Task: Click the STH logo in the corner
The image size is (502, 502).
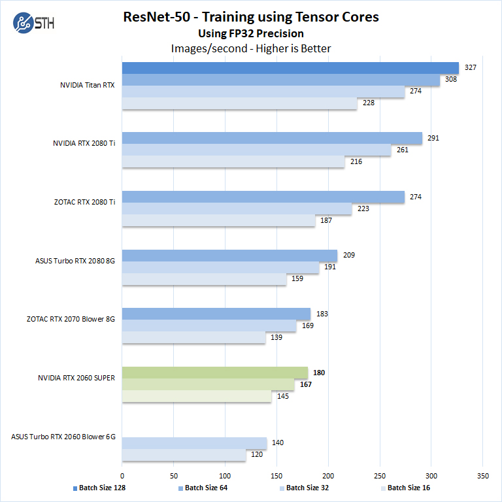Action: click(33, 23)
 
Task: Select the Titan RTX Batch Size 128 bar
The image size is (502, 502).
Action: click(290, 68)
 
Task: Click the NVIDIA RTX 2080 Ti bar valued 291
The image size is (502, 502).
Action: click(272, 138)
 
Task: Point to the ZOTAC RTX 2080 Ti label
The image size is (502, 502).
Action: click(84, 203)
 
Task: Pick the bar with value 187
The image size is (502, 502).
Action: click(219, 220)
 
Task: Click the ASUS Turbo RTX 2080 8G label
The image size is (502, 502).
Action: click(75, 261)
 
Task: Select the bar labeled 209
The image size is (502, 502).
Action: click(229, 255)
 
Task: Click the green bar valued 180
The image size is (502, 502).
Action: click(215, 373)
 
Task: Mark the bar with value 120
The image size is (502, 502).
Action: click(184, 455)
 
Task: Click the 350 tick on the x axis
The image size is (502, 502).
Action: click(483, 476)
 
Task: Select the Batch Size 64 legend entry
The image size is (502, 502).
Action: click(203, 488)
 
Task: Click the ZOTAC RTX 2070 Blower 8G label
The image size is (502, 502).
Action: click(71, 320)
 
